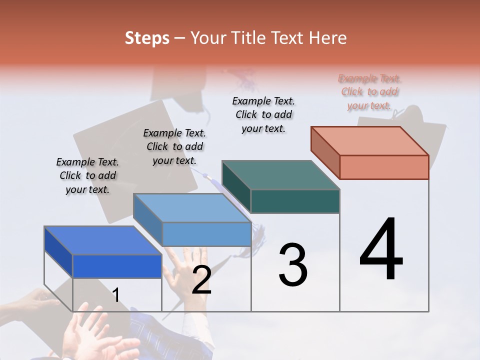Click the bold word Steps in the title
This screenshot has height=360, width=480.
pos(147,38)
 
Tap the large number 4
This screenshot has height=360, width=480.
pos(381,250)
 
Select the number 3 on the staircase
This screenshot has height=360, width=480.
pos(292,265)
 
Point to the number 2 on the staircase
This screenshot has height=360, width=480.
pos(201,280)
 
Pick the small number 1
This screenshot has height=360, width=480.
pos(115,295)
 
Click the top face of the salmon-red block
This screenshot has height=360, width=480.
pos(370,140)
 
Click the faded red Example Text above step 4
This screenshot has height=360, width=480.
pos(369,92)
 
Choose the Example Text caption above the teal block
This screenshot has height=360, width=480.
pos(263,115)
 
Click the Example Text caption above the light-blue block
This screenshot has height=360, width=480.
pos(174,147)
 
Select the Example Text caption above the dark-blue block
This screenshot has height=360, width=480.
pos(87,176)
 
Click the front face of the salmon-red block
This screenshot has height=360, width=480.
pos(384,167)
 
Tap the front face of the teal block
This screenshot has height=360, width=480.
pos(295,201)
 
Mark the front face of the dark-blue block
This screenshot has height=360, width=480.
pos(117,266)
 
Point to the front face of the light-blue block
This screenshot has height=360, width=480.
pos(206,234)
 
